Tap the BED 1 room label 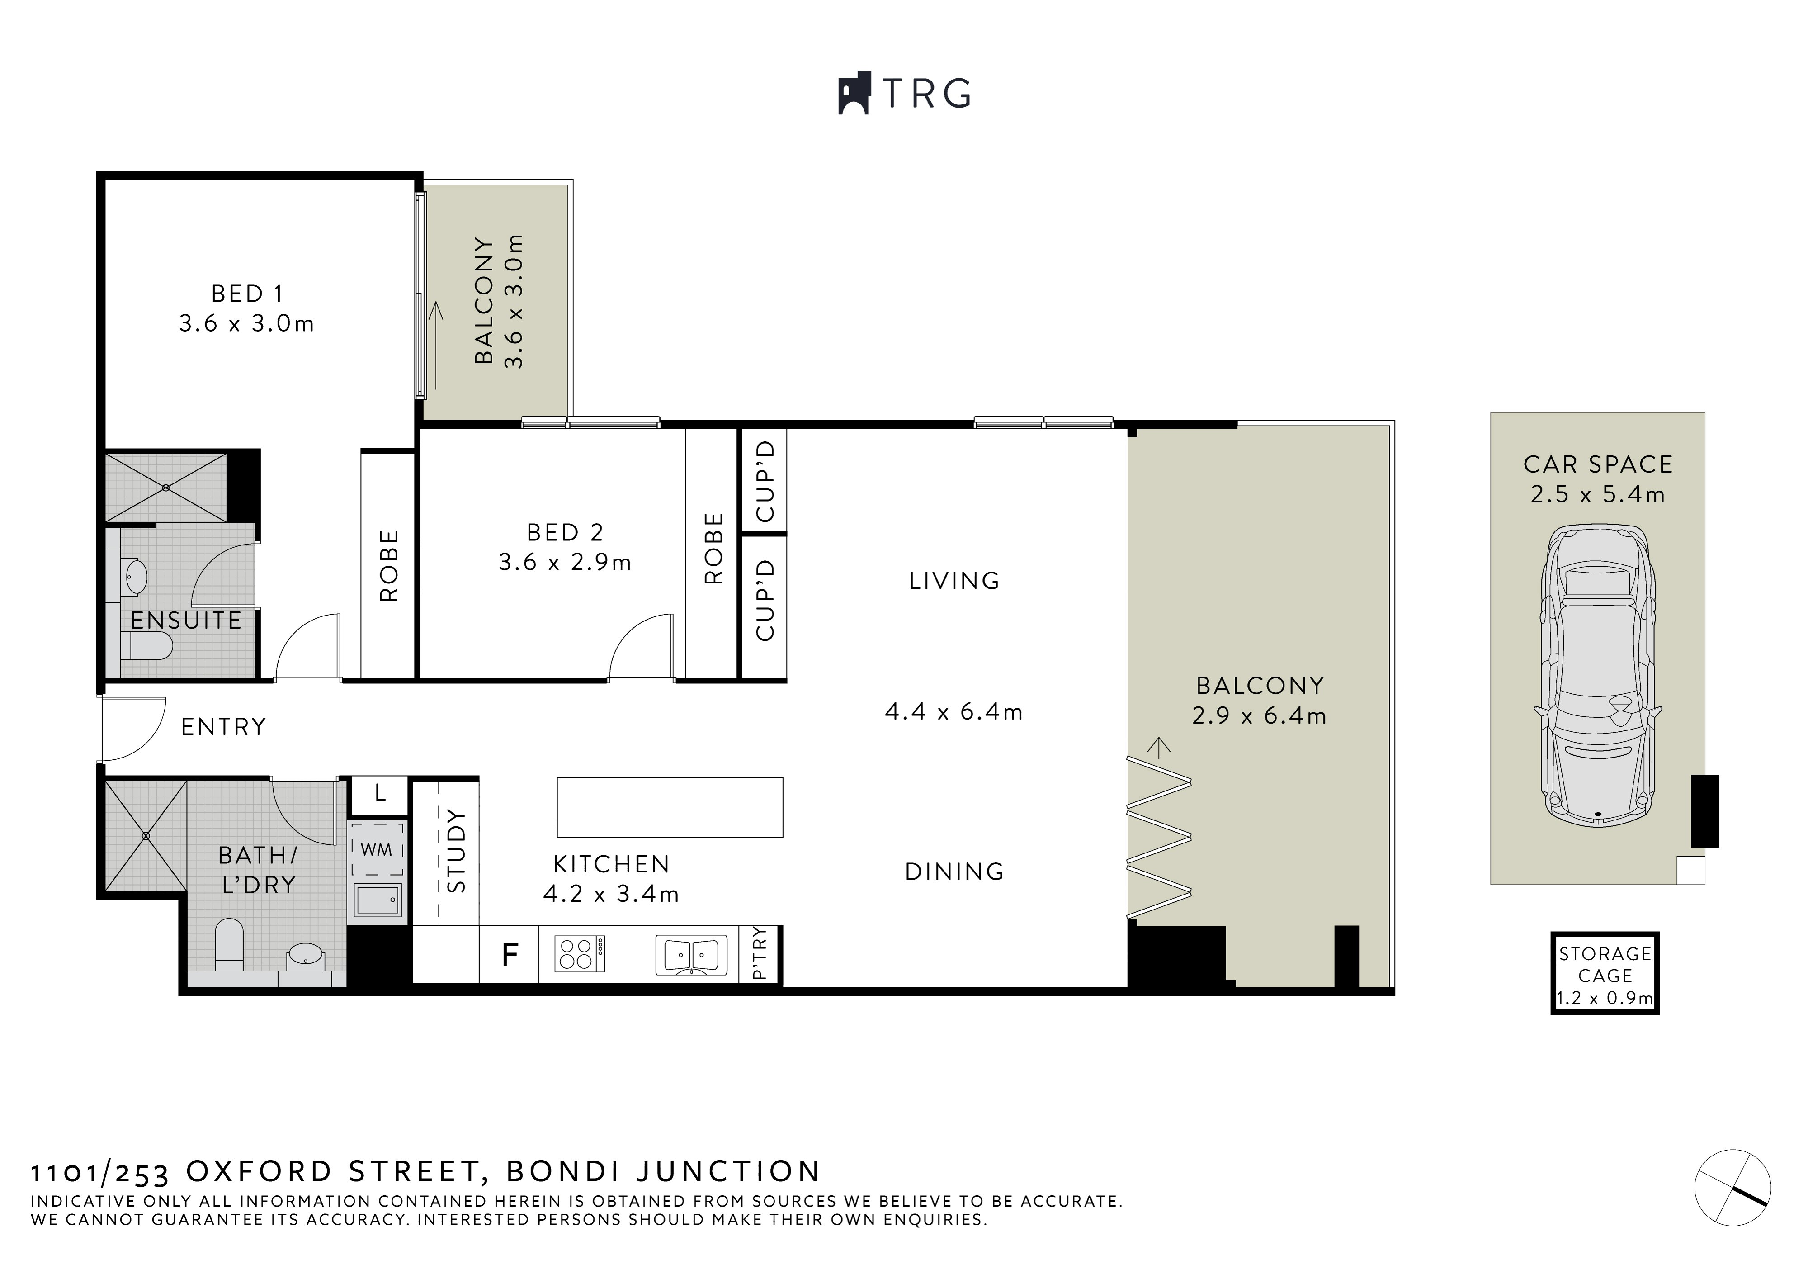point(246,294)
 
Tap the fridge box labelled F point(510,955)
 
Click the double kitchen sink point(691,955)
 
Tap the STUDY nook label point(457,851)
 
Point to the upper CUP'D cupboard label point(765,481)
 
